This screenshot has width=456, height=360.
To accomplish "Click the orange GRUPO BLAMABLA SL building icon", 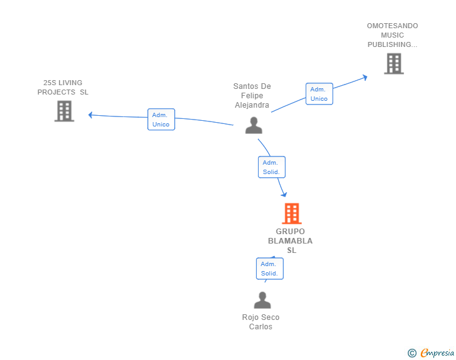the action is [292, 213].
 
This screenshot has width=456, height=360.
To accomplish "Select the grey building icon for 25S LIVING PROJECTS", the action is [65, 111].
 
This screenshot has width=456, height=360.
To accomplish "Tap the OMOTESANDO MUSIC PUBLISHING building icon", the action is [394, 63].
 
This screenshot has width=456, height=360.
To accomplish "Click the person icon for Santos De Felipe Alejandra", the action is [254, 125].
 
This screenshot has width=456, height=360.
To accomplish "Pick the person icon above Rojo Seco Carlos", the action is [262, 300].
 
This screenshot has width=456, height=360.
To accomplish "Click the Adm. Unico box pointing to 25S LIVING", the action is [161, 119].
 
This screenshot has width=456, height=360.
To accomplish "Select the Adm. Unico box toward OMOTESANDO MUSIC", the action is [319, 94].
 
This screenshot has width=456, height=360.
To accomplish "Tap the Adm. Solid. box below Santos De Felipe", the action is [272, 167].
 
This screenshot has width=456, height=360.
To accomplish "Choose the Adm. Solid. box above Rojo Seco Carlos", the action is [269, 269].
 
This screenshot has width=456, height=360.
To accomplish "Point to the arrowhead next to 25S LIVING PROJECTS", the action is [90, 115].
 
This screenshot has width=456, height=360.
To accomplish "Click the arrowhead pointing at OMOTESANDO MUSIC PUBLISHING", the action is [365, 78].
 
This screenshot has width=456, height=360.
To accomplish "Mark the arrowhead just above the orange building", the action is [284, 194].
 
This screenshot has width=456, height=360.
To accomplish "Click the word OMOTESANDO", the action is [392, 26].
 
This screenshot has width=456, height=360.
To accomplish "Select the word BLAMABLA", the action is [290, 241].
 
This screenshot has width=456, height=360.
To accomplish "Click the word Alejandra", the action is [252, 105].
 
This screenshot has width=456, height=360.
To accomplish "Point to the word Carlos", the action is [261, 327].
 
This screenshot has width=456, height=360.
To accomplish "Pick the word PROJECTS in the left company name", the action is [56, 92].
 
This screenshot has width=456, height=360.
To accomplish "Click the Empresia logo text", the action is [437, 352].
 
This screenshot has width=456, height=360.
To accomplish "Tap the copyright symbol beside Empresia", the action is [412, 353].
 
